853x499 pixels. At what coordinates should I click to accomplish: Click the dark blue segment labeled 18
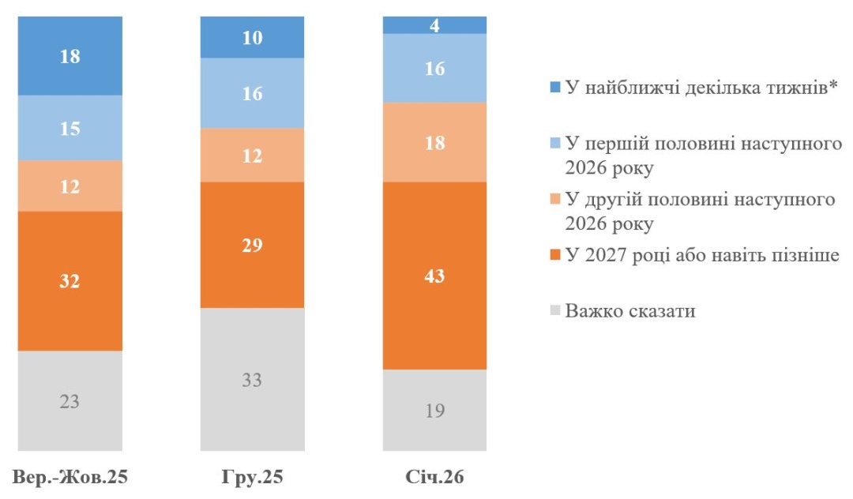coord(70,56)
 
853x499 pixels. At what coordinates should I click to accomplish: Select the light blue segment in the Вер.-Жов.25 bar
coord(70,128)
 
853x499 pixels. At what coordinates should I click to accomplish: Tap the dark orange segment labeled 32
coord(70,280)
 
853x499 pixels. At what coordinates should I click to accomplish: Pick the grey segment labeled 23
coord(70,400)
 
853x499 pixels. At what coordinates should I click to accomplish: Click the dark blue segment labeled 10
coord(252,37)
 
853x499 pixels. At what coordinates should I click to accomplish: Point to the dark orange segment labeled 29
coord(252,245)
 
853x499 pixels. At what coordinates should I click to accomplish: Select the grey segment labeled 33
coord(252,379)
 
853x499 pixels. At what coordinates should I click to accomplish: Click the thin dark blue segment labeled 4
coord(434,25)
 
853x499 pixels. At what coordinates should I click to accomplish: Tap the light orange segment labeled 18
coord(434,142)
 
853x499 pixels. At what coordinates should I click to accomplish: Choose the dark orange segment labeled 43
coord(434,276)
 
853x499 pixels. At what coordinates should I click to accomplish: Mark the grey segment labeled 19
coord(434,410)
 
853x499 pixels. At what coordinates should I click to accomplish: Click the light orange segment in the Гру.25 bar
coord(252,155)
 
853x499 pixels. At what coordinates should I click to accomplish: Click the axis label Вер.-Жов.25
coord(70,478)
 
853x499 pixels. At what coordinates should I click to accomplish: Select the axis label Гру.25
coord(252,478)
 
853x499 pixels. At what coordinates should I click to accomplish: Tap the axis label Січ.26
coord(434,478)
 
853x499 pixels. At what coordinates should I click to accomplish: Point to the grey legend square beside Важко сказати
coord(555,310)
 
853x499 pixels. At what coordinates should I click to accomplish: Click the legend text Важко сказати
coord(630,310)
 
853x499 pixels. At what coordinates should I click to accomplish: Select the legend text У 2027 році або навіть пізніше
coord(701,254)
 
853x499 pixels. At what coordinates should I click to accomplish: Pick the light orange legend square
coord(555,199)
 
